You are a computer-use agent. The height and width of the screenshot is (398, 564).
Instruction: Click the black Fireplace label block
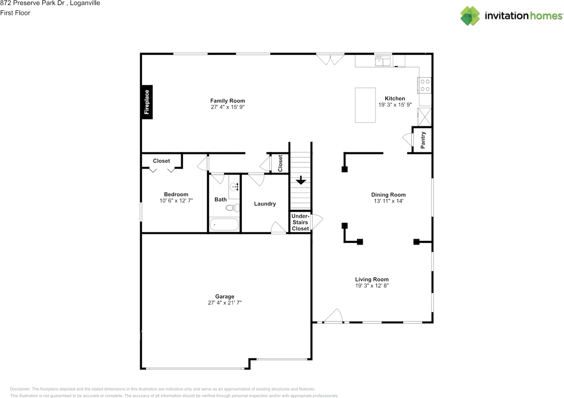pos(147,102)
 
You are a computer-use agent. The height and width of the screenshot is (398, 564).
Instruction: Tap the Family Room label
pos(227,101)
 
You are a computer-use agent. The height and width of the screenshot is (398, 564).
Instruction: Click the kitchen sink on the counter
pos(383,60)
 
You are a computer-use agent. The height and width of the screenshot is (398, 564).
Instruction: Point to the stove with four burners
pos(425,85)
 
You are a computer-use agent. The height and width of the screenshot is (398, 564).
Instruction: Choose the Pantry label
pos(423,140)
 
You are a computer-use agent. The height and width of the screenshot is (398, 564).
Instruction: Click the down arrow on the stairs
pos(301,180)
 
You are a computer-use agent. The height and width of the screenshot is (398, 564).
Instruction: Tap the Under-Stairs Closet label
pos(301,222)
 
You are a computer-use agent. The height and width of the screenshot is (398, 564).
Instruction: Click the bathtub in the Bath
pos(224,225)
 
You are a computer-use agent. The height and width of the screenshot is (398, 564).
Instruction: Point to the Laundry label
pos(265,204)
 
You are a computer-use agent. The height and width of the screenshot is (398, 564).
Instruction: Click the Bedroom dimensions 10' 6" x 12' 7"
pos(176,201)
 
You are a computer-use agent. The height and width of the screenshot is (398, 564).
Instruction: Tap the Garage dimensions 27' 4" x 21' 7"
pos(225,303)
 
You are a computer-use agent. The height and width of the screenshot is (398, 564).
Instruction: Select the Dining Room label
pos(388,195)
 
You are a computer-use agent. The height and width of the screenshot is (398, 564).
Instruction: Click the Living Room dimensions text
pos(372,285)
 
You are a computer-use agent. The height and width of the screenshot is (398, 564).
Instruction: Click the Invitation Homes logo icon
pos(470,16)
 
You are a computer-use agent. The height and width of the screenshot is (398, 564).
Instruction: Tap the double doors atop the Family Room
pos(330,59)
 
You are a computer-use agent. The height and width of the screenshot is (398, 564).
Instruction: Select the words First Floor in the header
pos(15,13)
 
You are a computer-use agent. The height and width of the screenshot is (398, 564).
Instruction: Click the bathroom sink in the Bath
pos(234,187)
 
